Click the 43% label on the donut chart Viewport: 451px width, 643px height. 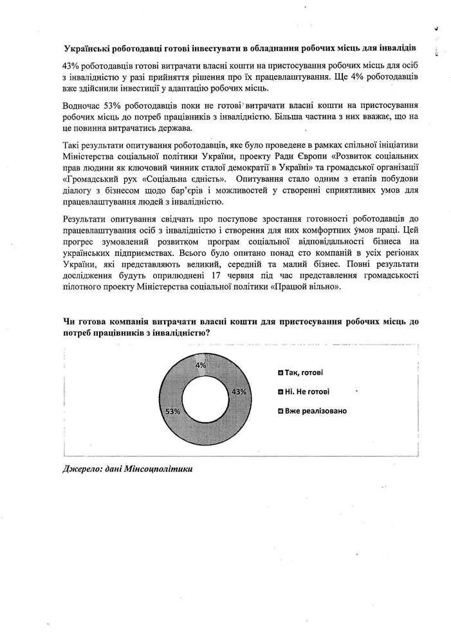tap(239, 392)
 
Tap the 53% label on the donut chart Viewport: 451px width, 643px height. tap(172, 410)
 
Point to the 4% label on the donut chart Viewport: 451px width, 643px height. tap(201, 365)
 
